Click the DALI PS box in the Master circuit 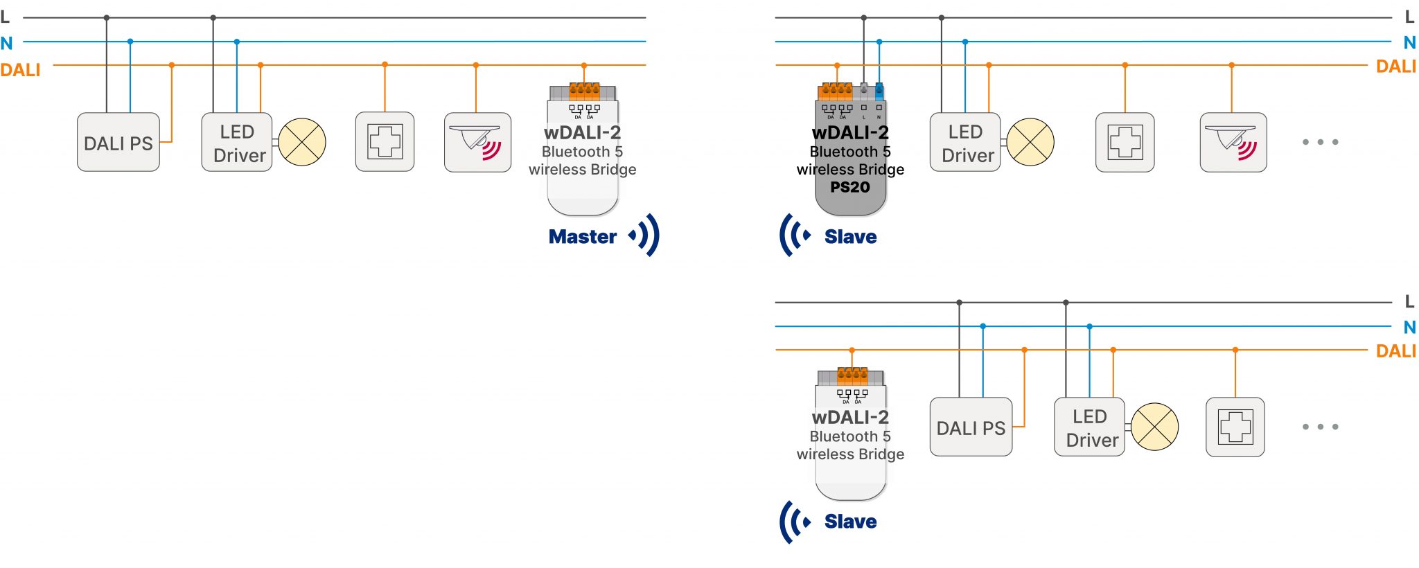point(118,143)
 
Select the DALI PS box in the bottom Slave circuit point(971,427)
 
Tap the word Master point(582,237)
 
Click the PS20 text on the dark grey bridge point(849,187)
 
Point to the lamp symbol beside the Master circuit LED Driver point(302,142)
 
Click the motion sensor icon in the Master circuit point(477,143)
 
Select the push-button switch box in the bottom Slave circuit point(1235,427)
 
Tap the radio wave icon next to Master point(645,236)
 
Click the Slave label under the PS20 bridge point(850,237)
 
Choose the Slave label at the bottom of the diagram point(850,522)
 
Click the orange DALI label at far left point(20,70)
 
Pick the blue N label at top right point(1409,43)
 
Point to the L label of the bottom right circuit point(1409,301)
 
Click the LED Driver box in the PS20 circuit point(964,143)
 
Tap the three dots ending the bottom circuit point(1320,427)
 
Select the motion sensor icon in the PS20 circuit point(1233,143)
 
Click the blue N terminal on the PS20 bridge point(879,90)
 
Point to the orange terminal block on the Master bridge point(584,91)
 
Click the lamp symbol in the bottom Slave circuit point(1155,427)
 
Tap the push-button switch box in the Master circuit point(385,142)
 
